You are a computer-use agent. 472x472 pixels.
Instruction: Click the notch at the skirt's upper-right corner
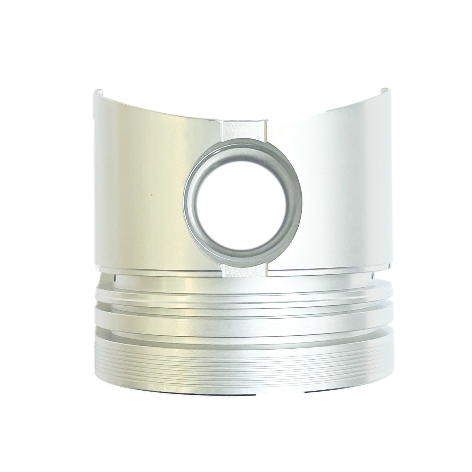click(x=385, y=90)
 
